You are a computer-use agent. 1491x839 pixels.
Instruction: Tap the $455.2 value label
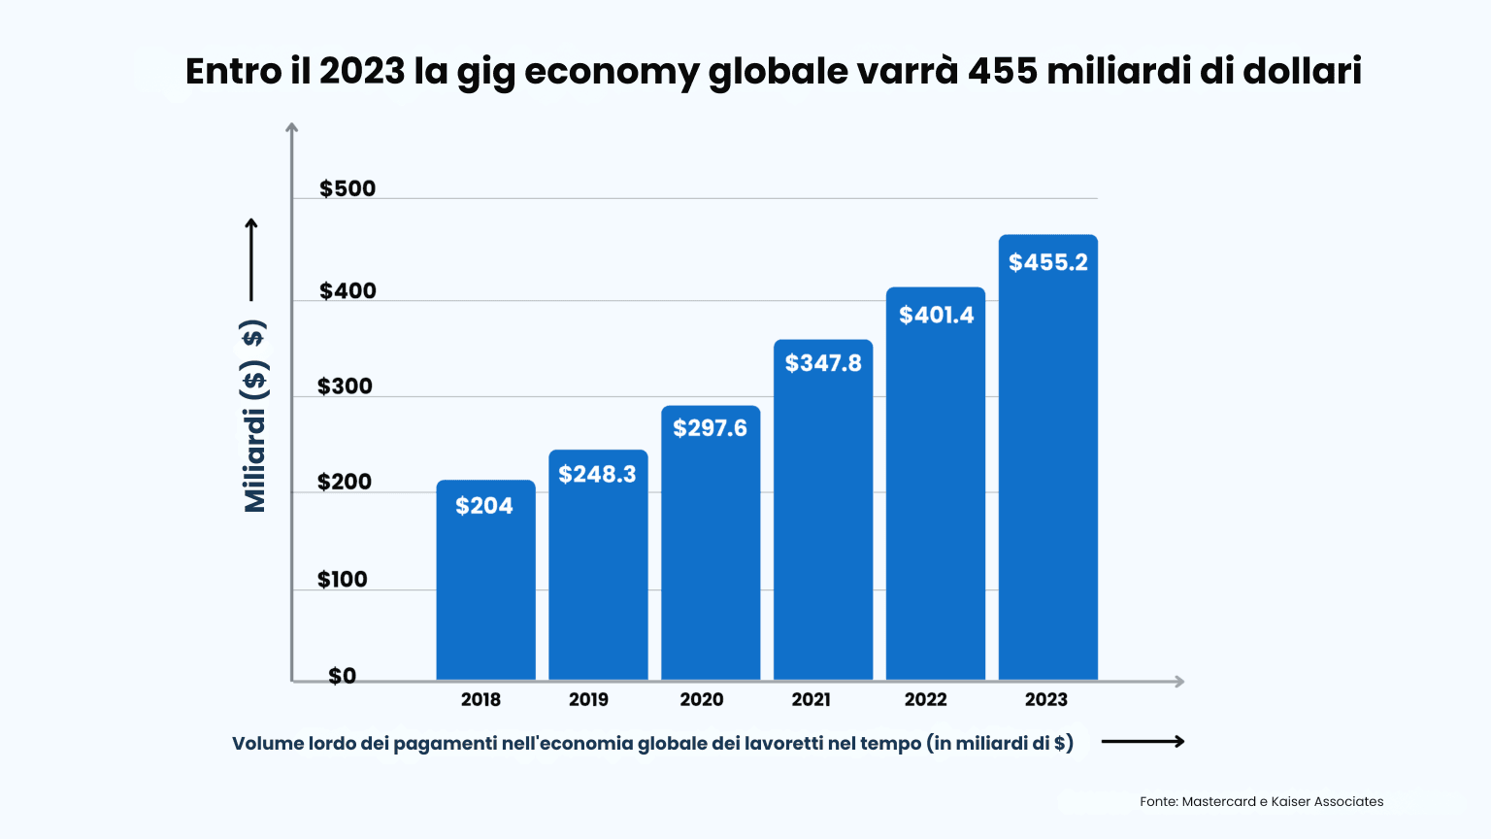pyautogui.click(x=1048, y=262)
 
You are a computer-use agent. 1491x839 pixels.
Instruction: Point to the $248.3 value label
pyautogui.click(x=597, y=474)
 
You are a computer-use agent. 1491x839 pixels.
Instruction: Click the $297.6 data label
pyautogui.click(x=710, y=428)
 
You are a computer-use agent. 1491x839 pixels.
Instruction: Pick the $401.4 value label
pyautogui.click(x=936, y=315)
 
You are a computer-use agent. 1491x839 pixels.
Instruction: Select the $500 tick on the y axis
pyautogui.click(x=348, y=188)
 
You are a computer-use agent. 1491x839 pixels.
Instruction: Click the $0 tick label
pyautogui.click(x=342, y=676)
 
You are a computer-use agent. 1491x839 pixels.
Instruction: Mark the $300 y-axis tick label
pyautogui.click(x=345, y=386)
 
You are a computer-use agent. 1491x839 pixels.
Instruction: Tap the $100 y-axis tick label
pyautogui.click(x=343, y=580)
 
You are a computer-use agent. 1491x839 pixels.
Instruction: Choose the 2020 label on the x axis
pyautogui.click(x=701, y=699)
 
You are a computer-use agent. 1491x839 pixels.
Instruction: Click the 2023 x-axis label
pyautogui.click(x=1045, y=699)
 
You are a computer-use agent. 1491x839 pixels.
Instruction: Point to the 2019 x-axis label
pyautogui.click(x=588, y=699)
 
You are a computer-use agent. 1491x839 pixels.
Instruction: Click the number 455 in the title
pyautogui.click(x=1003, y=71)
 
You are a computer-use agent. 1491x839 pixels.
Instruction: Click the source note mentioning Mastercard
pyautogui.click(x=1261, y=801)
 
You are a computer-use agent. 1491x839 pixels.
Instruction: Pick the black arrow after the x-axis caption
pyautogui.click(x=1143, y=742)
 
